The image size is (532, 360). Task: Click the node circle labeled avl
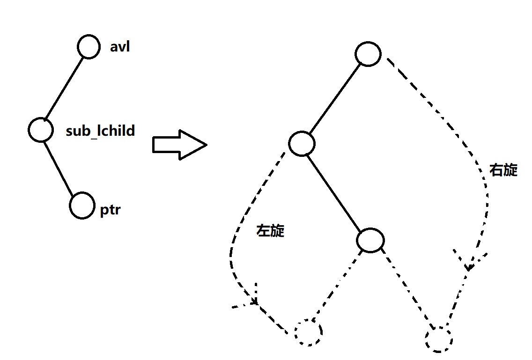89,47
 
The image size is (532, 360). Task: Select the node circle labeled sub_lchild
41,129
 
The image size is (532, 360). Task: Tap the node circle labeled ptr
82,205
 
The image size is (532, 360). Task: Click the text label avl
120,47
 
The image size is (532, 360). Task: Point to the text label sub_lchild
100,131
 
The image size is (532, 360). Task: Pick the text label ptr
110,210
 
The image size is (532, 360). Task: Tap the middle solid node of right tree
302,143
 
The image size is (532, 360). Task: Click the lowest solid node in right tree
370,240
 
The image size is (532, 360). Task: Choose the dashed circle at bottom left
308,332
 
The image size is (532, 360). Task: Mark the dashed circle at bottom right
439,339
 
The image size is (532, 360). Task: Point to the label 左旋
271,230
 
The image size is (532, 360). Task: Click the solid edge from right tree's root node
335,98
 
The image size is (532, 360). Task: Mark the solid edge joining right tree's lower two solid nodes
336,192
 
